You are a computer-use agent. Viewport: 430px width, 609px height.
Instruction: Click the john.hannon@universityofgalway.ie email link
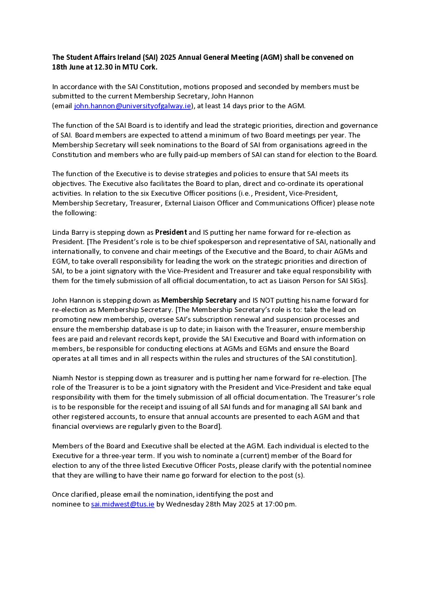point(132,106)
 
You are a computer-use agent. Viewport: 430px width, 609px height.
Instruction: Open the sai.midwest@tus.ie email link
point(123,504)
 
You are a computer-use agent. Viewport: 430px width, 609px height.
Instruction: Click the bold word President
point(171,232)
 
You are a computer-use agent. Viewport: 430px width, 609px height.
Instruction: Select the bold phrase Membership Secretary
point(199,300)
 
